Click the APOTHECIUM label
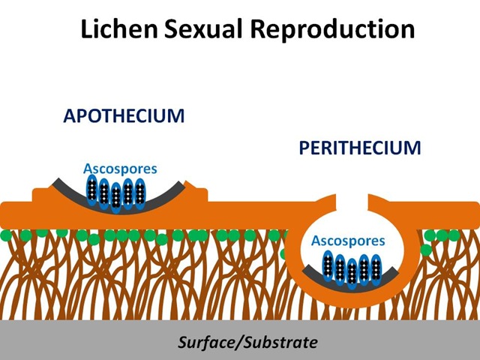(x=124, y=117)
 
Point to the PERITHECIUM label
(x=360, y=148)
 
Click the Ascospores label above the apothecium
(x=121, y=169)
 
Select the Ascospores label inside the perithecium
(x=348, y=241)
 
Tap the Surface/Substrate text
(x=247, y=343)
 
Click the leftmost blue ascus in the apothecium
(x=92, y=191)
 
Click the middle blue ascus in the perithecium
(x=352, y=272)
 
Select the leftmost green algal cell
(x=6, y=236)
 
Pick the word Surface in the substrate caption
(x=205, y=343)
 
